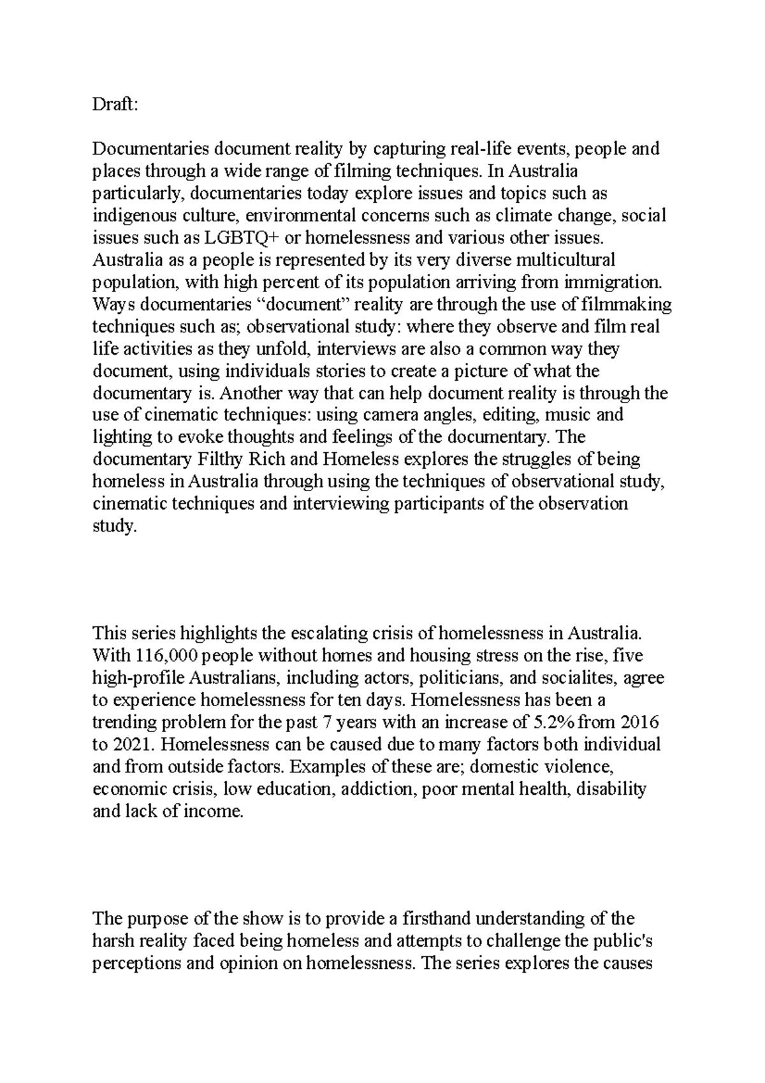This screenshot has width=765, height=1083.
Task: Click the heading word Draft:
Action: point(115,105)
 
